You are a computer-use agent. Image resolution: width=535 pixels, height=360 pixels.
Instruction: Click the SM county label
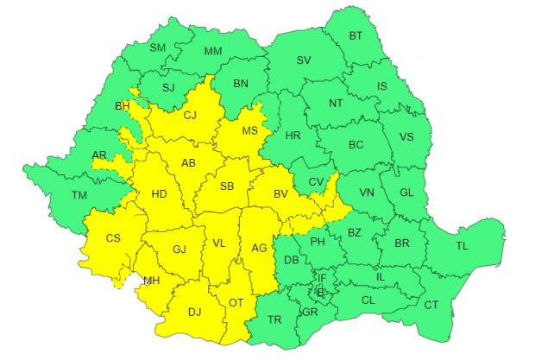(157, 47)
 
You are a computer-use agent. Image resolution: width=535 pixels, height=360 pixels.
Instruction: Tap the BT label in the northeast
(356, 35)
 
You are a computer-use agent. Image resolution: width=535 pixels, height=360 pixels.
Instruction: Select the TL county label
(462, 246)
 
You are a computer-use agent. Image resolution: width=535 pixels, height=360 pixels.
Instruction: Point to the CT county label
(431, 305)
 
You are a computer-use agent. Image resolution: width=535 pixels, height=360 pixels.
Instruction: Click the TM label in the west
(79, 196)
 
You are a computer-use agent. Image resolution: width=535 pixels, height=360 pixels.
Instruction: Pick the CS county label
(113, 238)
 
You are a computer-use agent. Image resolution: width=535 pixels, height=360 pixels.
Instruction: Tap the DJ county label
(196, 313)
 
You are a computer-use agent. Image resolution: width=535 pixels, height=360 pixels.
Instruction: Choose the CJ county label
(192, 116)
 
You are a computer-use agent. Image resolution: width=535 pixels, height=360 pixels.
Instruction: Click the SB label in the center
(227, 186)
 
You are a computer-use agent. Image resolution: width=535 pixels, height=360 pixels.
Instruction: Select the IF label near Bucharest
(323, 278)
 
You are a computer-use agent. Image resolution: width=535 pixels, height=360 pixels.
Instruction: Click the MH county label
(151, 281)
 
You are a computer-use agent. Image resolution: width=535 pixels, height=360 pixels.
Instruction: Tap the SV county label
(303, 60)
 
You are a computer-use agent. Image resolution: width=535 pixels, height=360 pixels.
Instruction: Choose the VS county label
(406, 138)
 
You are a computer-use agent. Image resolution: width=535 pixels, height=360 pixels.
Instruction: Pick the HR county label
(293, 136)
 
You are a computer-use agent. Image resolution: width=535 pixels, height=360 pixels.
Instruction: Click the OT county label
(236, 302)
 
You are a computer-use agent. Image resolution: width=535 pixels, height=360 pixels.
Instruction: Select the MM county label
(213, 53)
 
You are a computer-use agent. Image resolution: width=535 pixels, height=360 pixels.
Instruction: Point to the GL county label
(410, 193)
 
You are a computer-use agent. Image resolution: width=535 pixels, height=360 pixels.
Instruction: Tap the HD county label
(159, 194)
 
